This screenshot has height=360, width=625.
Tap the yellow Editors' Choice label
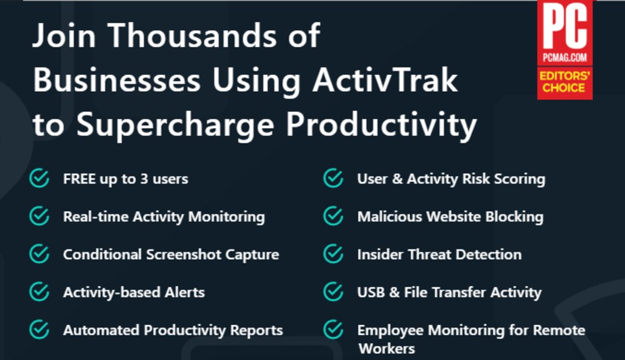(564, 82)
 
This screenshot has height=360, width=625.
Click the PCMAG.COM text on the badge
(564, 58)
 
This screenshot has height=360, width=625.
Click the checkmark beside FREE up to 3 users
(39, 179)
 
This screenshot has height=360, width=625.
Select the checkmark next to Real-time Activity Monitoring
(39, 217)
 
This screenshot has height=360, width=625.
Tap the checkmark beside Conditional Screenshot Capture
(39, 254)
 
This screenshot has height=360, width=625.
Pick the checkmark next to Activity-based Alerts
(39, 292)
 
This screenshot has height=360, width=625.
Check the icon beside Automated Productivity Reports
(39, 329)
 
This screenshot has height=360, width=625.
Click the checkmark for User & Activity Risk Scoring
(333, 179)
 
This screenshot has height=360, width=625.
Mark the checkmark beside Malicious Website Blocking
(333, 217)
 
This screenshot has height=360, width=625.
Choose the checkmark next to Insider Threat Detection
(333, 254)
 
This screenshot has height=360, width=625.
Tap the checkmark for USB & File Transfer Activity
(333, 292)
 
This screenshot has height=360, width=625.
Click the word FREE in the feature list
(79, 179)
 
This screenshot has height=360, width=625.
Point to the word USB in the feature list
(371, 292)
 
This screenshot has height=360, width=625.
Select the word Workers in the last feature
(386, 348)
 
